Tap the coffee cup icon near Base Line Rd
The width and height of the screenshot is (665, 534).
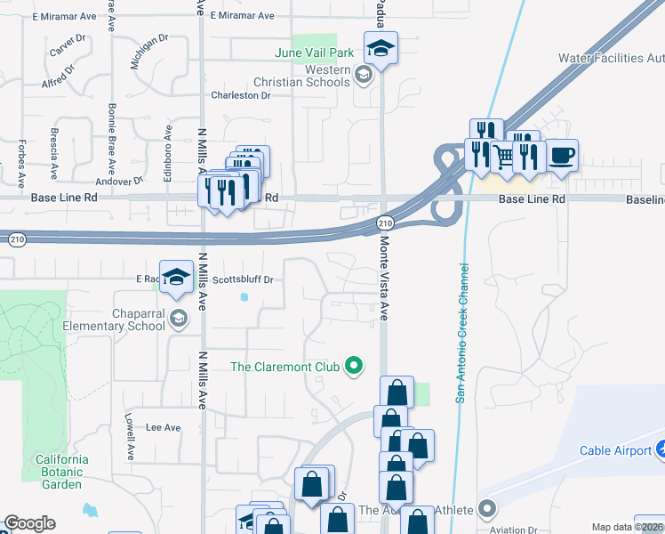[x=561, y=155]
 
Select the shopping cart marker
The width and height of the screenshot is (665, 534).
[x=505, y=158]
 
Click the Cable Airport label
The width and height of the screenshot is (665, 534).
[x=615, y=450]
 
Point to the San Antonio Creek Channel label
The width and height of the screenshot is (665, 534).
[x=462, y=332]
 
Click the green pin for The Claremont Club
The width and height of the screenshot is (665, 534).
[x=354, y=365]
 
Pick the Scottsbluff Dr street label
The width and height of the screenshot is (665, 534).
[x=242, y=279]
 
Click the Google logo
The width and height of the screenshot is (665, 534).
[x=29, y=523]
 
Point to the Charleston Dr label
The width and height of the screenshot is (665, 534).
[x=239, y=95]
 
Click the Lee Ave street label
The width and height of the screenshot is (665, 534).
[x=163, y=427]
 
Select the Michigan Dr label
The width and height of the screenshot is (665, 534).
[x=148, y=52]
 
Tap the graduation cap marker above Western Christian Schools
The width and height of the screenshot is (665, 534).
[x=381, y=49]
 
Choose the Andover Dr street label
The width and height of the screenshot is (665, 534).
[x=125, y=180]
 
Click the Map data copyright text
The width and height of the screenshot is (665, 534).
[x=627, y=527]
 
